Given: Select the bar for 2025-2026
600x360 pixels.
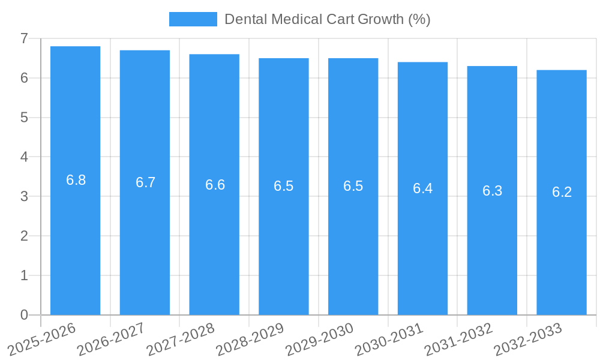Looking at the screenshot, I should [x=75, y=240].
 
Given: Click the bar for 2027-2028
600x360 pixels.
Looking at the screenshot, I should [x=214, y=240].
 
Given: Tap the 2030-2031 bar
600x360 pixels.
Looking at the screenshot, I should [x=422, y=240].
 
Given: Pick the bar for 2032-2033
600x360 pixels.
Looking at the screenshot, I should [x=562, y=240].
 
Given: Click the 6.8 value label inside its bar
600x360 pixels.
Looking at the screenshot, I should [x=76, y=180].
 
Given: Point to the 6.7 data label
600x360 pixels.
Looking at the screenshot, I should [x=145, y=182].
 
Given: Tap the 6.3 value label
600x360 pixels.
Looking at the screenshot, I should [x=492, y=191].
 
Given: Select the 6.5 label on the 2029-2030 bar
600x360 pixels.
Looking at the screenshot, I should [x=353, y=186].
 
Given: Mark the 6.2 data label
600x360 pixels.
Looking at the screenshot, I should [x=562, y=192].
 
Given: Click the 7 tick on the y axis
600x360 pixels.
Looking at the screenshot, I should [x=24, y=38].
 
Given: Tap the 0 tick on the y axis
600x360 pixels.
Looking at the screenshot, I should [x=24, y=315].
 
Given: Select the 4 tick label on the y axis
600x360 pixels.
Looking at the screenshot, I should [x=24, y=157].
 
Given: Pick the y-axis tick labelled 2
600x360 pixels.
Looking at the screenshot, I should [x=24, y=236].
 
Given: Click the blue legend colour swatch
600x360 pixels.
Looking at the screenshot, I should [x=193, y=19].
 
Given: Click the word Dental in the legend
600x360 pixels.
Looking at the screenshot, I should [x=246, y=19].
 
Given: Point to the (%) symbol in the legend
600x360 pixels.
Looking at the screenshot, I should [x=419, y=19].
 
